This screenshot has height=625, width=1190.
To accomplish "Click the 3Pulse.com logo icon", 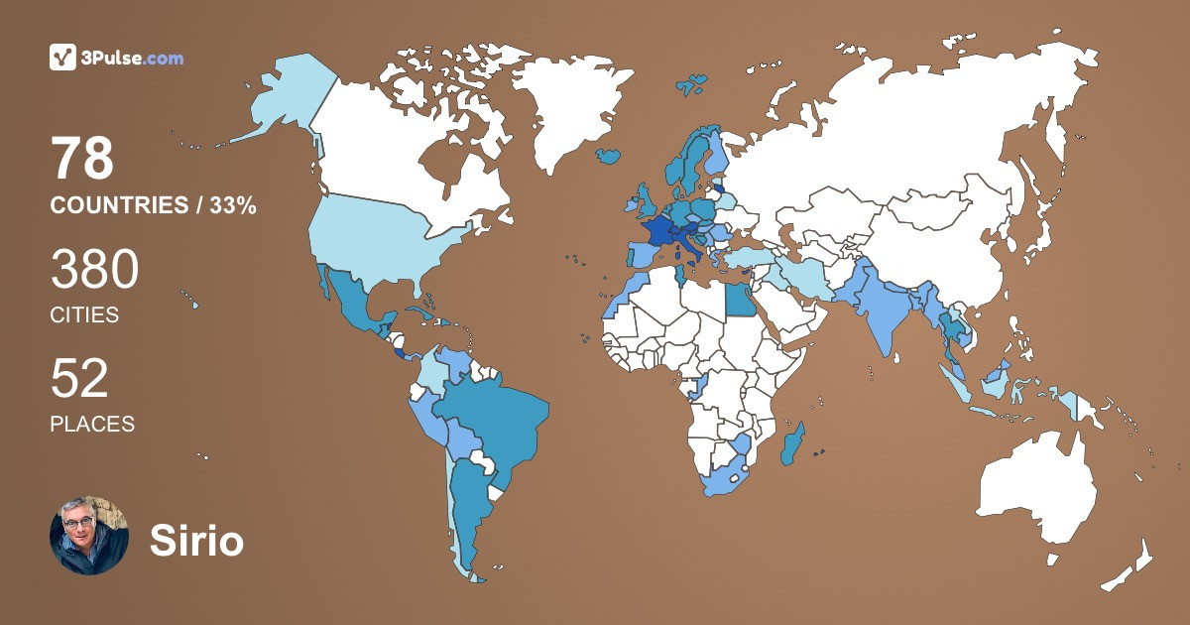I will click(63, 58).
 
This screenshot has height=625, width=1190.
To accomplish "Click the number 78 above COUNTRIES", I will click(82, 159).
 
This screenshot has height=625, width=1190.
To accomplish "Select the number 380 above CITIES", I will click(94, 269).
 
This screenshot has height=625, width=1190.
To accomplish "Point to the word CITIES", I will click(84, 315).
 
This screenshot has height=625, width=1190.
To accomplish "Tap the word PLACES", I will click(92, 424).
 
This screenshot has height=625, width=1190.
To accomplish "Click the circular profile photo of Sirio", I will click(89, 536).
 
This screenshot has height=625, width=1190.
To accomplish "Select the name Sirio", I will click(196, 541).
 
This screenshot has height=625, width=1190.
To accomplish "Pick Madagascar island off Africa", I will click(793, 443).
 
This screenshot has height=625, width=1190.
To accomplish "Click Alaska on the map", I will click(288, 99).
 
